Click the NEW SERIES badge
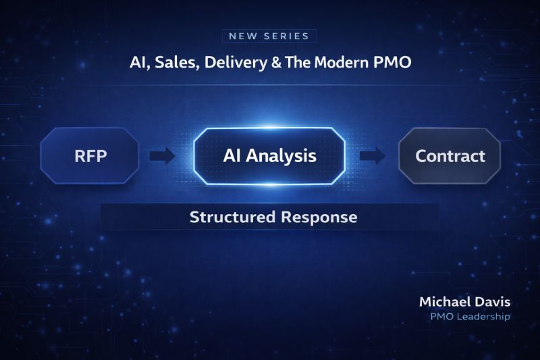click(269, 36)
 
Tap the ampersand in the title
click(276, 63)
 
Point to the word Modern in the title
click(342, 63)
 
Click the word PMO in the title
click(392, 63)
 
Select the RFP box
click(90, 156)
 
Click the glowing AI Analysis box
click(269, 156)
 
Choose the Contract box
click(450, 156)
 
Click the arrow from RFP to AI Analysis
click(162, 156)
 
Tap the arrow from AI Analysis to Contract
click(373, 156)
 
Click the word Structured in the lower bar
click(232, 217)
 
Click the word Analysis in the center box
click(281, 156)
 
